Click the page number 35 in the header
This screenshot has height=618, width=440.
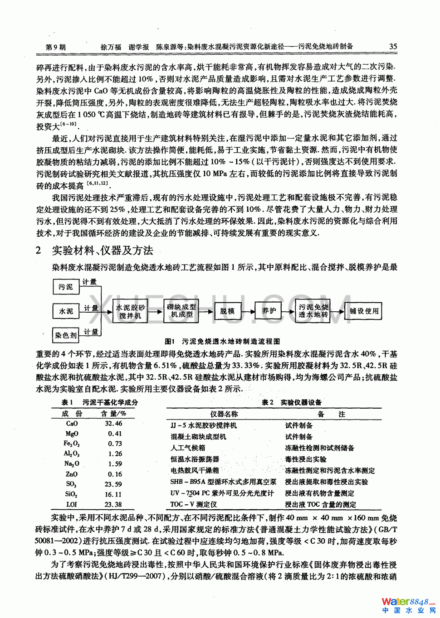coord(393,47)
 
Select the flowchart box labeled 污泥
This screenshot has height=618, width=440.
coord(66,287)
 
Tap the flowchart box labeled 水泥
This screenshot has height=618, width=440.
coord(66,311)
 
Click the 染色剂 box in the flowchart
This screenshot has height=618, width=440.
coord(66,335)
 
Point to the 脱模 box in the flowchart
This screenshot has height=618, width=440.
coord(228,311)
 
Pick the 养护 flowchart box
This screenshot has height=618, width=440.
coord(269,311)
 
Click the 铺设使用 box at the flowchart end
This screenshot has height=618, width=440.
coord(364,311)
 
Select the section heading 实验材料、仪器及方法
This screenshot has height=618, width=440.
coord(102,250)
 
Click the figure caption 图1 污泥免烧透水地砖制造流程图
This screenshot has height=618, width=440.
coord(222,341)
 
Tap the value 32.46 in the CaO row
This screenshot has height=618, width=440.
coord(113,423)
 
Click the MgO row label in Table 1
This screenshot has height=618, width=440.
coord(72,434)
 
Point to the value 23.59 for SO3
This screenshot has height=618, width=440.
coord(113,484)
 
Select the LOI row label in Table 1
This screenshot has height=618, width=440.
coord(72,504)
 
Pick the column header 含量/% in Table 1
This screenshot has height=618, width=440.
coord(113,413)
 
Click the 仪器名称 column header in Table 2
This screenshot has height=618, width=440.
coord(224,414)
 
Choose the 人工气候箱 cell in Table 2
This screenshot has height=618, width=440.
coord(188,448)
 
